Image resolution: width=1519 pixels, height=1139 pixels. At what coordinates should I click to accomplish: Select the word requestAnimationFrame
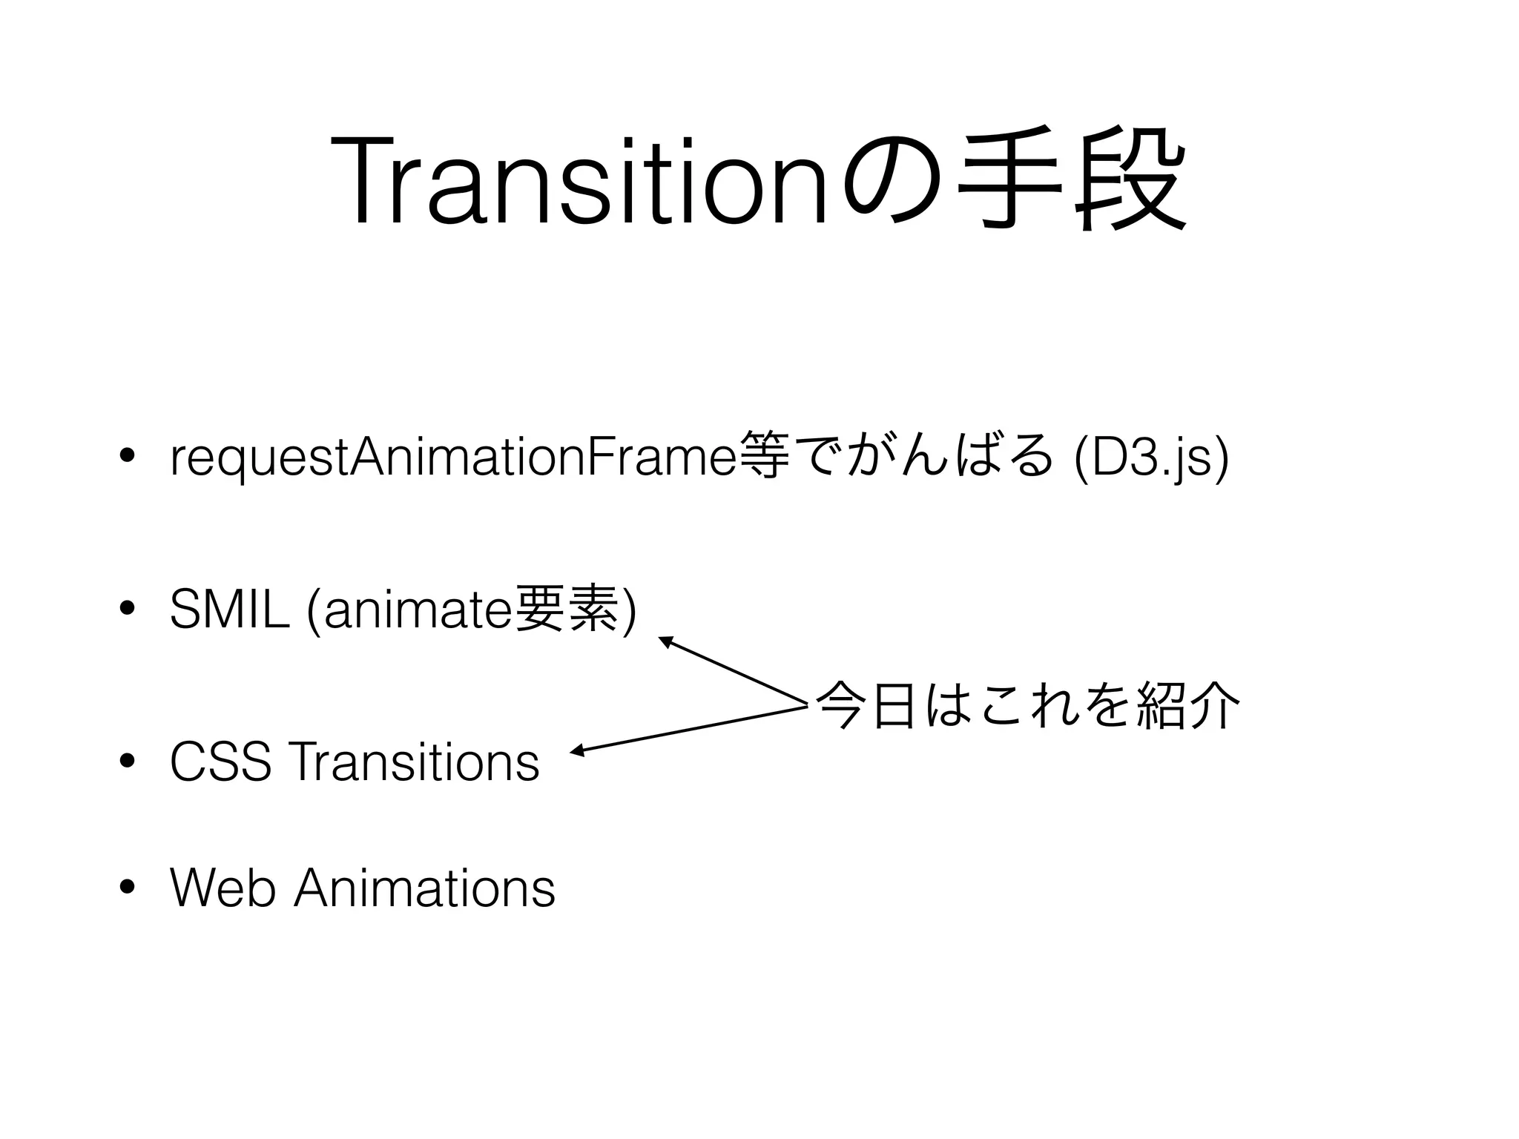452,460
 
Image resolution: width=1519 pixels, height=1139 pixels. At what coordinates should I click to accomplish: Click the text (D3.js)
1150,460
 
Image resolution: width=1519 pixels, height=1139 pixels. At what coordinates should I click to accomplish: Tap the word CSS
220,762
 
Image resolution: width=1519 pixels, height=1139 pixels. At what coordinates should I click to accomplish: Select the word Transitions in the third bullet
416,762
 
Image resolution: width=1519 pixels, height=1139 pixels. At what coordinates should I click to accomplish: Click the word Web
223,888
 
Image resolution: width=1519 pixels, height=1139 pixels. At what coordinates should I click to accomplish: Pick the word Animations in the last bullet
424,888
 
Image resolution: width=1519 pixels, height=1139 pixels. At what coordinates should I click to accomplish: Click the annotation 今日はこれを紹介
1027,706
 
